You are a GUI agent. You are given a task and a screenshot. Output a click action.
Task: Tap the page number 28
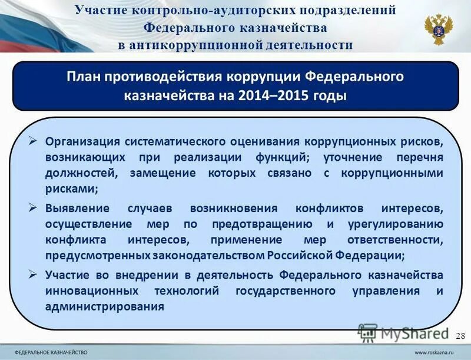[x=460, y=335]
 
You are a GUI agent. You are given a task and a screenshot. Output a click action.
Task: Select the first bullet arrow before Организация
[x=34, y=141]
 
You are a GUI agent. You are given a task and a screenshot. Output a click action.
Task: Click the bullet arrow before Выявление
[x=34, y=207]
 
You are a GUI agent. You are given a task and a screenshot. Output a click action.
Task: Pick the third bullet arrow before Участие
[x=34, y=274]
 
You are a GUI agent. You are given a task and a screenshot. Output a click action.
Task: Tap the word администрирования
[x=104, y=307]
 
